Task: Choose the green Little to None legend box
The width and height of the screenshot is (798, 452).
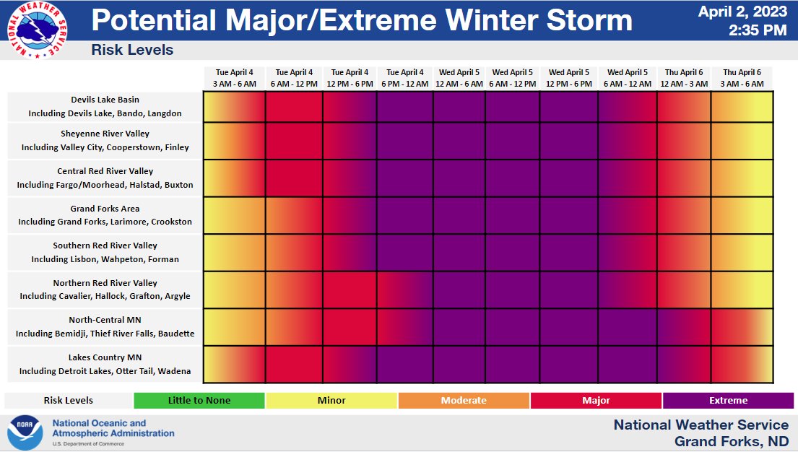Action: tap(199, 401)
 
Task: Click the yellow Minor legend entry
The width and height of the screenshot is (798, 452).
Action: tap(331, 401)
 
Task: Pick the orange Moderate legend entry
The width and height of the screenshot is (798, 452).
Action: tap(464, 401)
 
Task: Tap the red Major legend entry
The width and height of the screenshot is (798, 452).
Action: tap(596, 401)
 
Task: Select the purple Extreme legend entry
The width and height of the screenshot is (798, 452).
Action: tap(729, 401)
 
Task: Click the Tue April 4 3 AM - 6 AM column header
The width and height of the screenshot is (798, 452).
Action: tap(234, 78)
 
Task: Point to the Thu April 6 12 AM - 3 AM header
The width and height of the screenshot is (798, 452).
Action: tap(683, 78)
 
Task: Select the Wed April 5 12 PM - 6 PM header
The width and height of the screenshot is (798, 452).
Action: tap(569, 78)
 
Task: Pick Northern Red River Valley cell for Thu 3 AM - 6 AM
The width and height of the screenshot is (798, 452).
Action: tap(742, 290)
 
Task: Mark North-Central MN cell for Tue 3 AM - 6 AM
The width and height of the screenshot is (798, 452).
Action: tap(234, 327)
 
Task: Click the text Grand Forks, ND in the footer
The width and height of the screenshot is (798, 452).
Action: tap(731, 441)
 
